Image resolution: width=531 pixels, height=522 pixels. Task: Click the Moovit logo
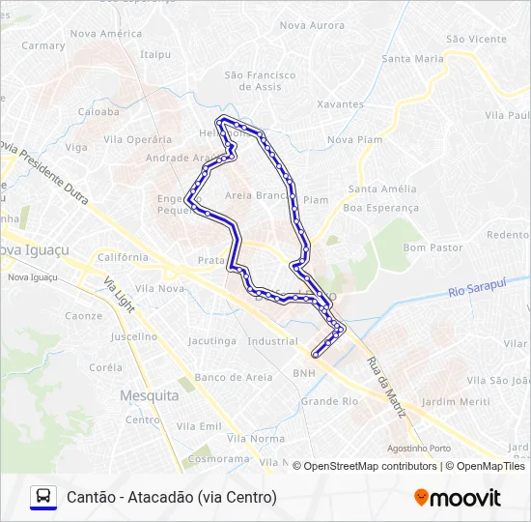pos(458,498)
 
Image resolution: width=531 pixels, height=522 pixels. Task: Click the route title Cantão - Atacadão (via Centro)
pos(172,498)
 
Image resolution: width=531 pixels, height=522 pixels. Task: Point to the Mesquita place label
pos(149,395)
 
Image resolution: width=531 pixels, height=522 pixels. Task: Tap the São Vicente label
pos(476,39)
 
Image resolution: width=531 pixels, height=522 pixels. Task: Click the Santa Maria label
pos(412,58)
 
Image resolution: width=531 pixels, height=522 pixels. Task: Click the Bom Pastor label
pos(428,248)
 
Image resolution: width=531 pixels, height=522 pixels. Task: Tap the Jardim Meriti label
pos(456,401)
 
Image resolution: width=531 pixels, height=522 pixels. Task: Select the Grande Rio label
pos(329,400)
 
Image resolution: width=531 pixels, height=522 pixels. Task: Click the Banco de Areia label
pos(233,377)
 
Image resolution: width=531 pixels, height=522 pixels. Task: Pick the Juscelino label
pos(133,336)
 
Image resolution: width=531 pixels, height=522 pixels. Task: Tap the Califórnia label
pos(123,257)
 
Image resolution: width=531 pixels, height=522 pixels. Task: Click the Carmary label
pos(43,45)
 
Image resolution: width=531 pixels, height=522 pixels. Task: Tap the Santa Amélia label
pos(382,188)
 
